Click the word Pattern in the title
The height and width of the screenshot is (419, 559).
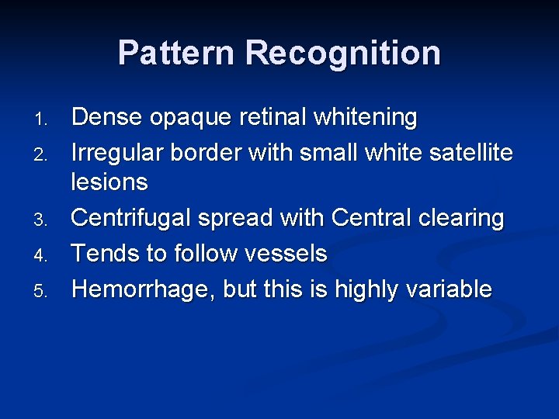pyautogui.click(x=177, y=54)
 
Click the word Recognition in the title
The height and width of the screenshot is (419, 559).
pyautogui.click(x=343, y=54)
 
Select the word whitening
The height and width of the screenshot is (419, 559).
pyautogui.click(x=366, y=118)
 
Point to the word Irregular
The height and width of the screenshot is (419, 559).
pyautogui.click(x=119, y=153)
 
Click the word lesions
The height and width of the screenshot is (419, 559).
pyautogui.click(x=109, y=182)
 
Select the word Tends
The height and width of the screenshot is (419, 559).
pyautogui.click(x=103, y=254)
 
